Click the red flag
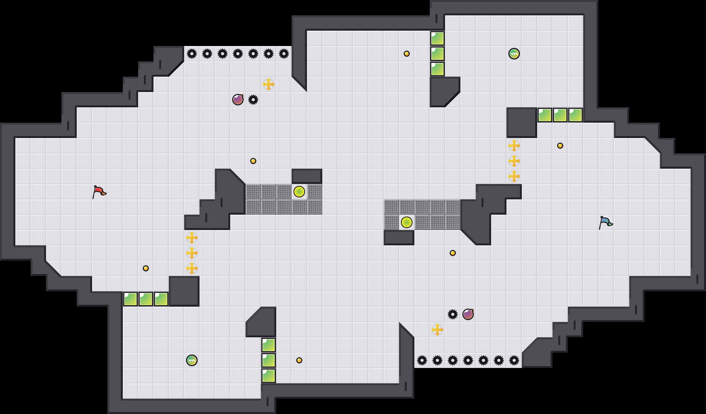(99, 191)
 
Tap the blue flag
(605, 222)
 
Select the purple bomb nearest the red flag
(238, 100)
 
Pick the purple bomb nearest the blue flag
(468, 314)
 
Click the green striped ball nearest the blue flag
(514, 54)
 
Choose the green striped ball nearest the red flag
(192, 360)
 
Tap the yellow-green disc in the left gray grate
(299, 192)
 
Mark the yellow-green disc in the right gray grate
(407, 222)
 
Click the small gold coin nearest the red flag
(146, 268)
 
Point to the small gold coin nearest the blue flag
(560, 146)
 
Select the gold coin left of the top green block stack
(407, 54)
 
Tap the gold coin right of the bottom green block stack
(299, 360)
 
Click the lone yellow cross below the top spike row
(269, 84)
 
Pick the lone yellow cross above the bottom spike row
(437, 330)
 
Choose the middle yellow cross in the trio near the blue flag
(514, 161)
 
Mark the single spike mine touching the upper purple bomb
(253, 100)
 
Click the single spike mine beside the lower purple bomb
(453, 314)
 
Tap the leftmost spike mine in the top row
(192, 54)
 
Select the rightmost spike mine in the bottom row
(514, 360)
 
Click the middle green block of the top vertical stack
(437, 54)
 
